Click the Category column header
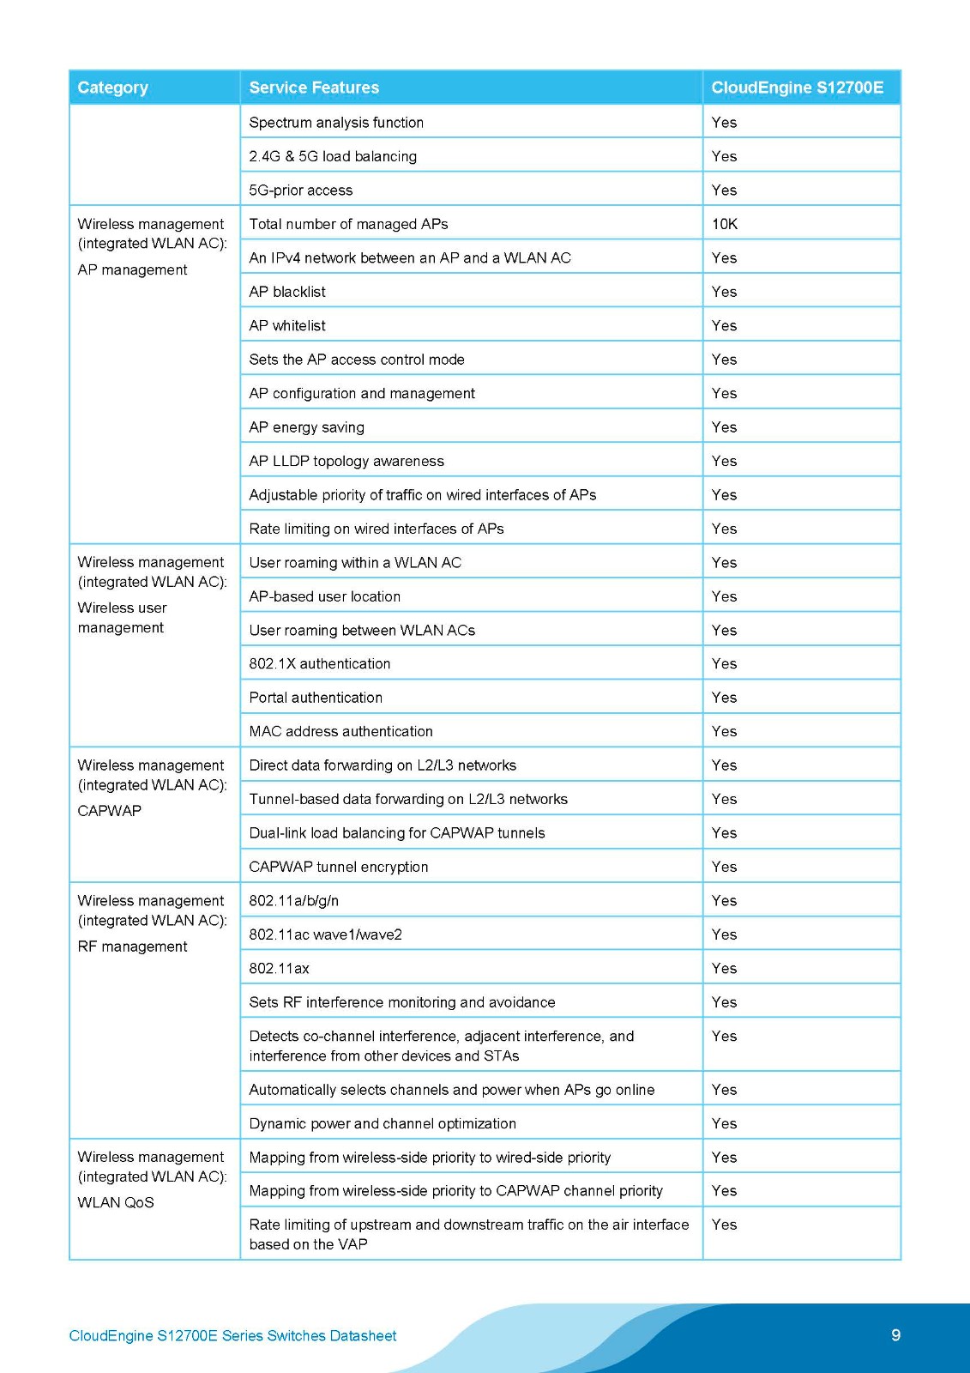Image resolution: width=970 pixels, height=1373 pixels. [x=112, y=88]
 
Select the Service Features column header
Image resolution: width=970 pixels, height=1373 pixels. [x=314, y=88]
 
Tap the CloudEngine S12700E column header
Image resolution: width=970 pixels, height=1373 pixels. [x=797, y=88]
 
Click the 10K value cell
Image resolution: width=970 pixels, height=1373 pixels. [x=725, y=224]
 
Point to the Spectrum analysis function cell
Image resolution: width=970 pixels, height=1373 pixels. [x=336, y=123]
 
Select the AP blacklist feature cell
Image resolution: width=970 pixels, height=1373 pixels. [x=287, y=292]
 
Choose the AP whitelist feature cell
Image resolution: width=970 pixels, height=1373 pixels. [x=287, y=325]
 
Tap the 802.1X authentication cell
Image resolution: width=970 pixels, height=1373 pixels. [x=320, y=663]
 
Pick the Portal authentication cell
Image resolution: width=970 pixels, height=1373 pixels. [x=316, y=698]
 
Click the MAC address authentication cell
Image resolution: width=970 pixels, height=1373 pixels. [x=340, y=731]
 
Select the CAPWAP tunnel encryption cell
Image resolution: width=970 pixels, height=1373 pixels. [x=339, y=867]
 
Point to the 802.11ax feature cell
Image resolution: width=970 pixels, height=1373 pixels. [x=279, y=968]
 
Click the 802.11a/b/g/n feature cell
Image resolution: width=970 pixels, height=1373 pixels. [x=294, y=900]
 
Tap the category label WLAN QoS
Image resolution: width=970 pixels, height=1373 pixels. [x=116, y=1202]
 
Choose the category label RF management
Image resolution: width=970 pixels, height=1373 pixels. [x=132, y=947]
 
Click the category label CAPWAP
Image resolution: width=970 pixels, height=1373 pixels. [x=109, y=810]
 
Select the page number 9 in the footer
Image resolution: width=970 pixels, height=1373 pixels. [x=896, y=1334]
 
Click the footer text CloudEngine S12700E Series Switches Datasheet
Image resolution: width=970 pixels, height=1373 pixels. [x=232, y=1335]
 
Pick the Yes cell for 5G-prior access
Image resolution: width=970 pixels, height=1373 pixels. [x=725, y=191]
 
